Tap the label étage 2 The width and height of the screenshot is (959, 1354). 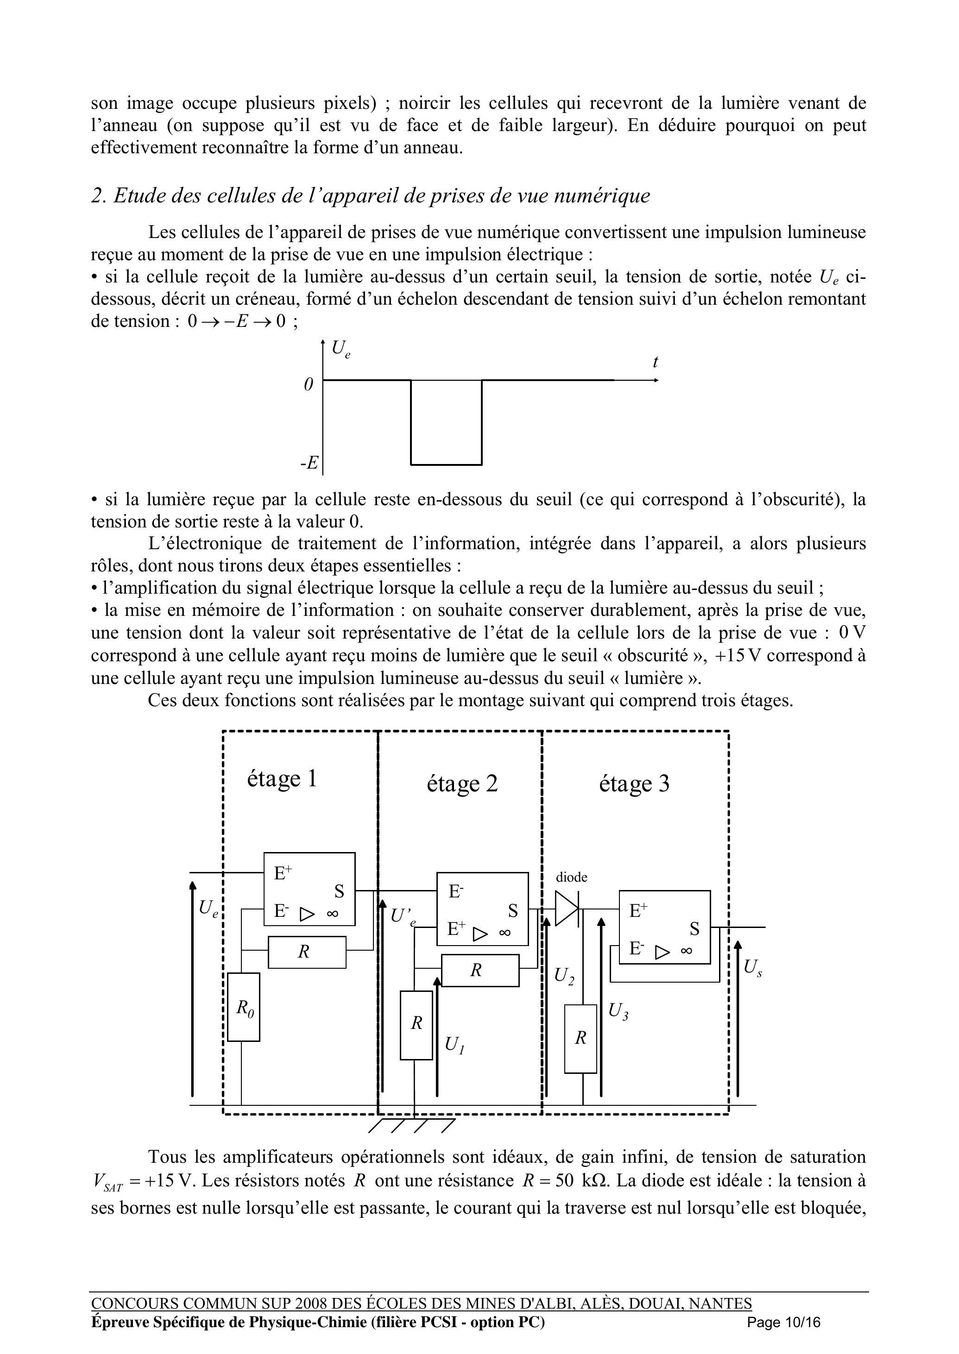462,783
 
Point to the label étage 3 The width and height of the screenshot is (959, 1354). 634,783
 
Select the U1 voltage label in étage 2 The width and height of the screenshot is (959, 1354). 454,1045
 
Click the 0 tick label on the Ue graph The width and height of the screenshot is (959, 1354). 308,384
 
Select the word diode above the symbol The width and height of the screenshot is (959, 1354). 572,877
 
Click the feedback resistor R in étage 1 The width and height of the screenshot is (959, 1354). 307,952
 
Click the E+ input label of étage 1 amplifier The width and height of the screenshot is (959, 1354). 283,873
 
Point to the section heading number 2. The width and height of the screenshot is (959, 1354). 97,195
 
